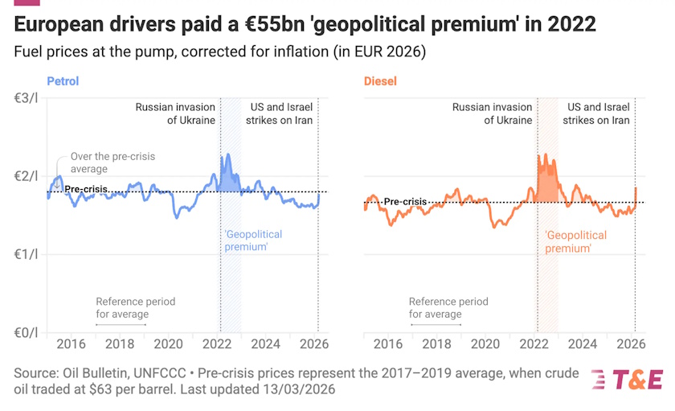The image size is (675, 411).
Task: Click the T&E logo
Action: coord(628,379)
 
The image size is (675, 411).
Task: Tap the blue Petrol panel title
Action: coord(63,81)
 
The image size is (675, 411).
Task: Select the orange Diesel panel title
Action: coord(380,81)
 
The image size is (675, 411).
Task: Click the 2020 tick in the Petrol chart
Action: coord(169,344)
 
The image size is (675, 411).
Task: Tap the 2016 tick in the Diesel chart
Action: coord(388,344)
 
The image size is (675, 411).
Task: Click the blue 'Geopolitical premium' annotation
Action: coord(252,240)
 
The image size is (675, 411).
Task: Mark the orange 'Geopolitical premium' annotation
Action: coord(571,240)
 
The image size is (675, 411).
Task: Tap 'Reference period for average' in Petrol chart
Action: coord(135,307)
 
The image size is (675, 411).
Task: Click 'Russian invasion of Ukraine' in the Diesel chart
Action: coord(492,113)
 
